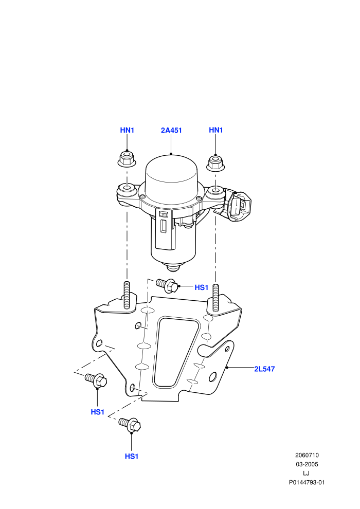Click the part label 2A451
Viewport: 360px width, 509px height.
click(171, 130)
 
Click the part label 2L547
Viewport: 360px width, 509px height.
click(264, 369)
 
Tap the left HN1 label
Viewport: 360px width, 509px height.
click(127, 130)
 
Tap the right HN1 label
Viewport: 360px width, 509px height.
click(216, 130)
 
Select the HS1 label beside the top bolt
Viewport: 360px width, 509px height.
click(201, 287)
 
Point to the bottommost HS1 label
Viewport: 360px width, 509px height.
click(132, 457)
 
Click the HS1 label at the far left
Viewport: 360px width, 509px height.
click(97, 412)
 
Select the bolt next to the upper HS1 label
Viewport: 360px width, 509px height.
click(167, 285)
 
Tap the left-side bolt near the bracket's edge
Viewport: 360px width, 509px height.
click(96, 380)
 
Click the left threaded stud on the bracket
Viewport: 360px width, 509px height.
click(127, 295)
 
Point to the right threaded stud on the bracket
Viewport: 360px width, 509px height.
click(216, 298)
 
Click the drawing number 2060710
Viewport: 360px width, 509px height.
click(307, 455)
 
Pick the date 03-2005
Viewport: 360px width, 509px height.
click(307, 464)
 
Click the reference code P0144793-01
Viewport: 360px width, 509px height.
click(307, 482)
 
